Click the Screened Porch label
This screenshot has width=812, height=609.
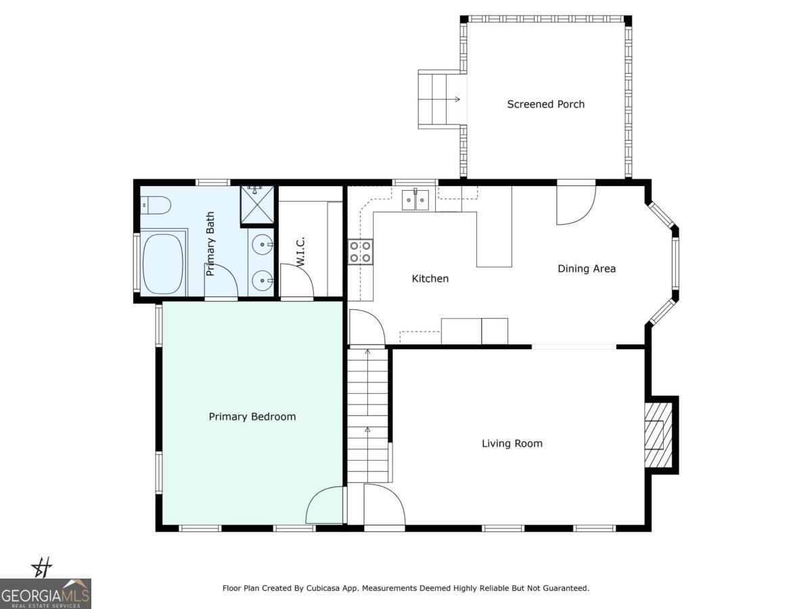[545, 104]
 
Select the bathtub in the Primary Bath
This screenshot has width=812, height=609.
[163, 264]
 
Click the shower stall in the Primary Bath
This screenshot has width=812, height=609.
[257, 205]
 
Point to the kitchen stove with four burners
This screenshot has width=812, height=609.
[361, 251]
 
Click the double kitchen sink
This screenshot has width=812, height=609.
[415, 200]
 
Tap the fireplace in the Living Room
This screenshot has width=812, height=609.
[658, 435]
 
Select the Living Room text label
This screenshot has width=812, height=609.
[512, 444]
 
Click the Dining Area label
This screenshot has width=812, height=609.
[586, 269]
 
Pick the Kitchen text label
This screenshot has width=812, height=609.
[430, 279]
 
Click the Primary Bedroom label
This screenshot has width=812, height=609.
[252, 417]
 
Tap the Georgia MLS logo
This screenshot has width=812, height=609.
[45, 593]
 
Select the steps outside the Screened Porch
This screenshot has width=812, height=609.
[438, 99]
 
